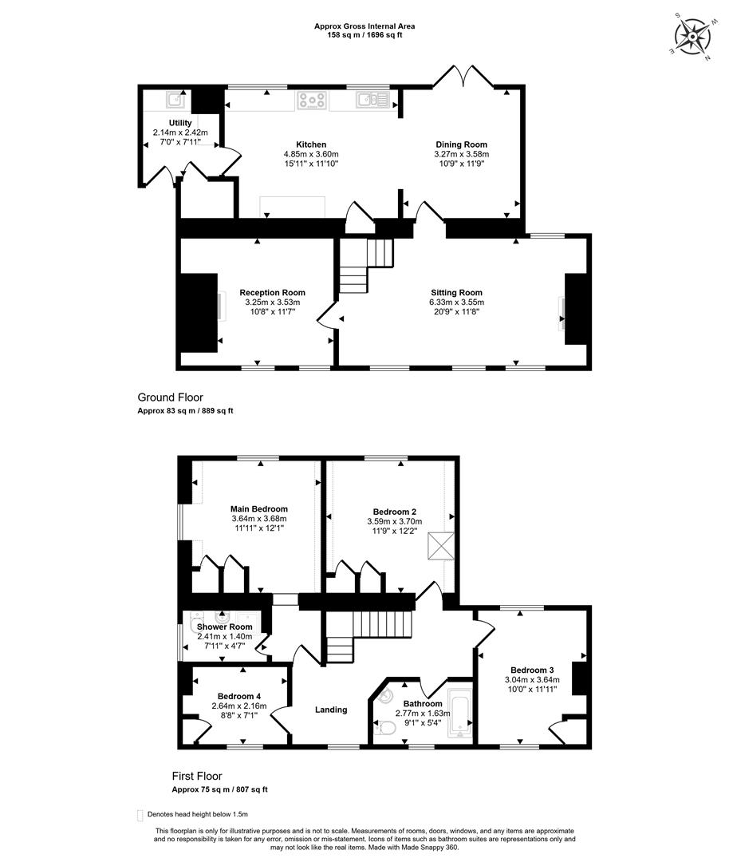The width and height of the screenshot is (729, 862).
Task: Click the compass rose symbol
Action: [693, 37]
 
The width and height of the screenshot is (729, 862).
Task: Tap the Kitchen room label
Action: [311, 144]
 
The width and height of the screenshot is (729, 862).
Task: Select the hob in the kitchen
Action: [313, 100]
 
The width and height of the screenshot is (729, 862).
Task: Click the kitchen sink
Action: [372, 100]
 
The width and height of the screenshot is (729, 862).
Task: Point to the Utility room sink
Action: [175, 100]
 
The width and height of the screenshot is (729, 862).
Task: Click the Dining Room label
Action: [462, 144]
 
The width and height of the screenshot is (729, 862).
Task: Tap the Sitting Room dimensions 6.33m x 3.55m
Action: [456, 302]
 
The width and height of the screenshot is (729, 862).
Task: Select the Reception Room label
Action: [273, 292]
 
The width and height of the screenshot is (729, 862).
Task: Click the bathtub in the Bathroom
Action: [459, 712]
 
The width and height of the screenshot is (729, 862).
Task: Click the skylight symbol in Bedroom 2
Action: [441, 545]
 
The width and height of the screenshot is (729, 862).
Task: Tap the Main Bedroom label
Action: [258, 509]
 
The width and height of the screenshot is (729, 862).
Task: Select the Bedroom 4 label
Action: [239, 696]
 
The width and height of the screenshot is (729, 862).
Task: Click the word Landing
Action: [331, 710]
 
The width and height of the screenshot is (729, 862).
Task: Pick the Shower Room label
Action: [225, 627]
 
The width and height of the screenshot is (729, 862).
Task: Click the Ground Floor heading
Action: [171, 397]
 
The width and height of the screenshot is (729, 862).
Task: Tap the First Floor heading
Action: [197, 776]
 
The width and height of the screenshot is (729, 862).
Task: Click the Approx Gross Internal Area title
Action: [364, 26]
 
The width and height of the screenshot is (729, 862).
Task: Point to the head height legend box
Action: [140, 815]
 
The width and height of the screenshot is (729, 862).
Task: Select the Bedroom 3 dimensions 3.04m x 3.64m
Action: [532, 679]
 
